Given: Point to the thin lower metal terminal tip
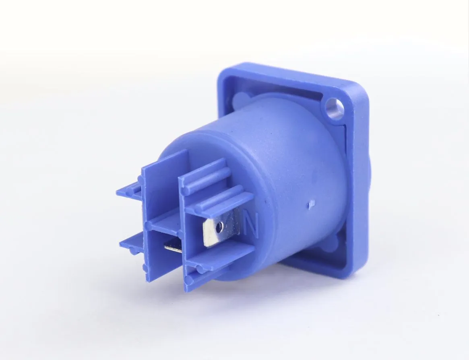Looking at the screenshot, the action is tap(172, 247).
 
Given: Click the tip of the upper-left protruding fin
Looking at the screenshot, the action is tap(118, 193).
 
